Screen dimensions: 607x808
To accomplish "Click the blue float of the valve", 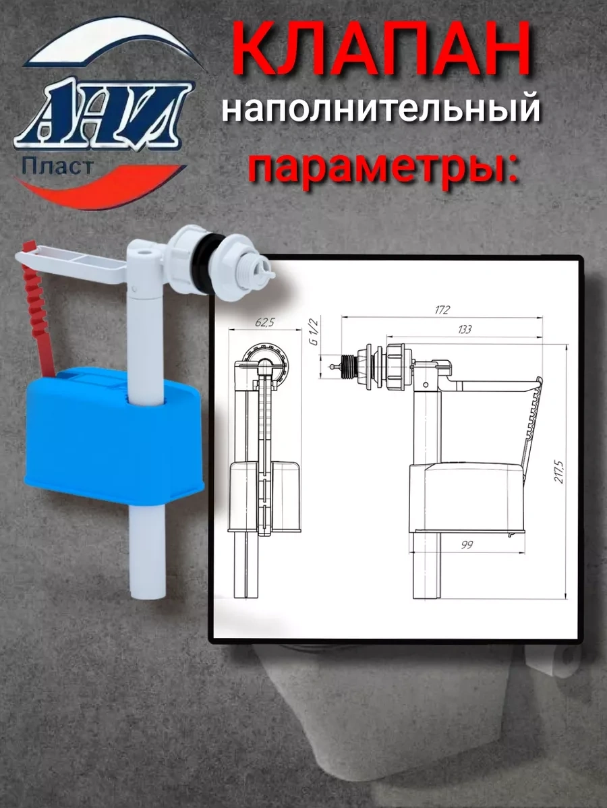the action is (x=113, y=434).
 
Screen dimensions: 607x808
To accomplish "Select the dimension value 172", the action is (x=442, y=310).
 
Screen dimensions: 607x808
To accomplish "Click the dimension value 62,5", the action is (x=265, y=322).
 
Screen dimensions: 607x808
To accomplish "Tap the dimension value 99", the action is (x=466, y=545).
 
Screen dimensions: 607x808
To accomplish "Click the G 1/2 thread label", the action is (x=314, y=333).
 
